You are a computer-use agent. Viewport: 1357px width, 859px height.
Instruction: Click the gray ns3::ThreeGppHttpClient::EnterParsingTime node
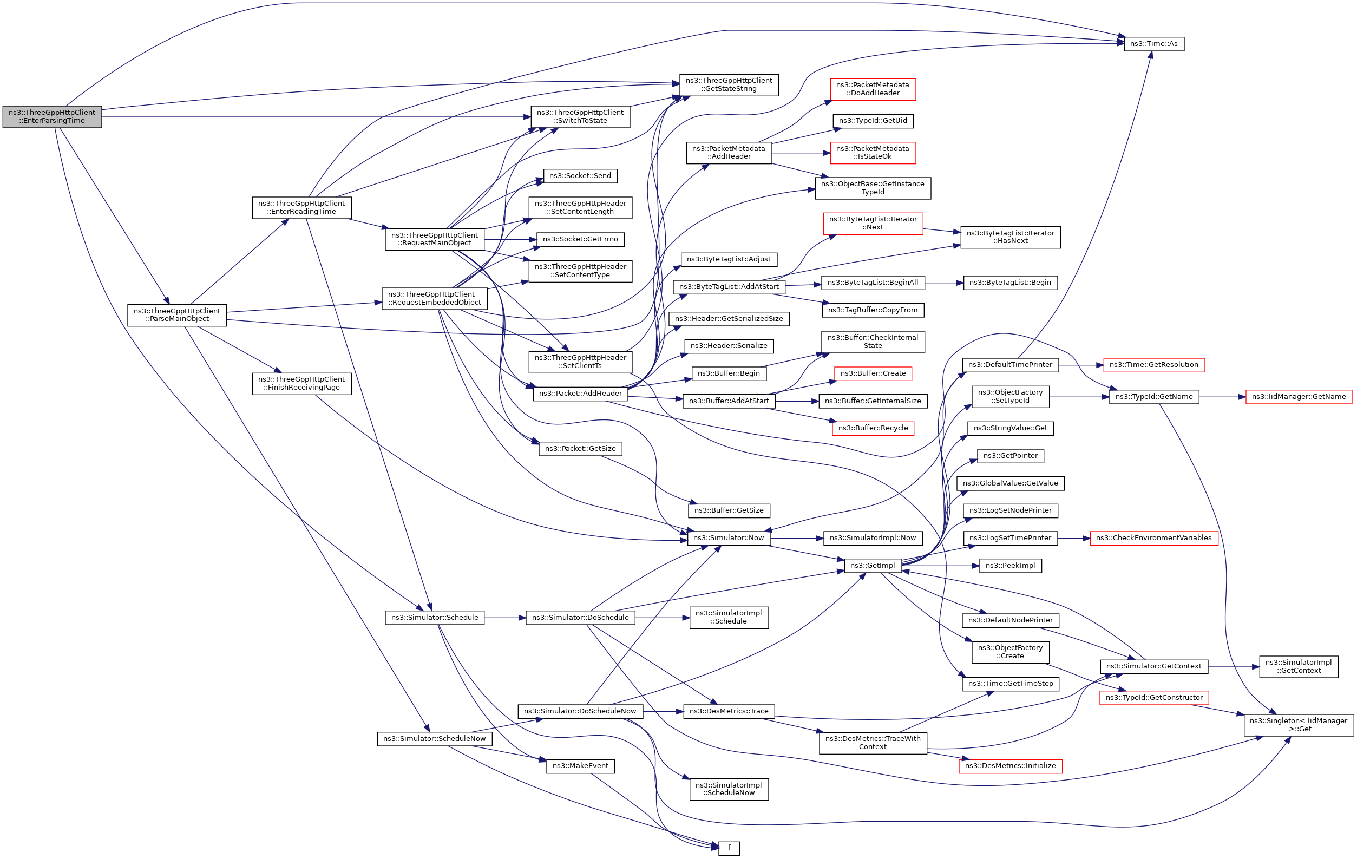(52, 117)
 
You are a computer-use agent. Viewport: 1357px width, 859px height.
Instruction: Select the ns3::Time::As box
(1153, 44)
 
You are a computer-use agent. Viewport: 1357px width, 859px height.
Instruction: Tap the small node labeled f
(729, 848)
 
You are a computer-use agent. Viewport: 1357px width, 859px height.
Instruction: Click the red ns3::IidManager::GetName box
(1299, 397)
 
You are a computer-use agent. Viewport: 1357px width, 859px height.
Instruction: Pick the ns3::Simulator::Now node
(728, 538)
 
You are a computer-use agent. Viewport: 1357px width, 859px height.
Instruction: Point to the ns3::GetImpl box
(873, 565)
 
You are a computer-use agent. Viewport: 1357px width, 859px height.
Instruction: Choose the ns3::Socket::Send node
(580, 176)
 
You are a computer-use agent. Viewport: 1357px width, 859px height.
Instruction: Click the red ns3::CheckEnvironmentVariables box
(1153, 538)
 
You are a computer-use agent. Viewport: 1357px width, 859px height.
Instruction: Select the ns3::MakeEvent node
(580, 766)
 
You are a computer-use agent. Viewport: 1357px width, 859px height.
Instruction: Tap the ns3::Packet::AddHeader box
(580, 394)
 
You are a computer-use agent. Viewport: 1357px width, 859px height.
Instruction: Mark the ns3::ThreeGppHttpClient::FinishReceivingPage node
(301, 384)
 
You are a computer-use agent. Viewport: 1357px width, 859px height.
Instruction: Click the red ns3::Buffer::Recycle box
(873, 428)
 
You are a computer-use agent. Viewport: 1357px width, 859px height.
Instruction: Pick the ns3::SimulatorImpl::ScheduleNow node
(729, 789)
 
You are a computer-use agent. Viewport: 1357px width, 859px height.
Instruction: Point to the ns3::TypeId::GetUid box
(873, 121)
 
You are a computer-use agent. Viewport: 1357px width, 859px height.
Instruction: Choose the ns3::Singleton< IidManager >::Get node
(1299, 725)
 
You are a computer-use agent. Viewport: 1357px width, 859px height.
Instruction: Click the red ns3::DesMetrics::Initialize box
(1010, 766)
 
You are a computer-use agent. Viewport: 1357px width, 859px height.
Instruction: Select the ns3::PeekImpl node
(1010, 565)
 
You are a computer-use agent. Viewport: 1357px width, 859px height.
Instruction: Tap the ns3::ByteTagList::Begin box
(1010, 283)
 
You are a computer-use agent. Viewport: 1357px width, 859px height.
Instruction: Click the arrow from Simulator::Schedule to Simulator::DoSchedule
(504, 618)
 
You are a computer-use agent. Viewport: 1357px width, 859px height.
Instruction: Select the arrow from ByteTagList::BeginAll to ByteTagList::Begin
(944, 283)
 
